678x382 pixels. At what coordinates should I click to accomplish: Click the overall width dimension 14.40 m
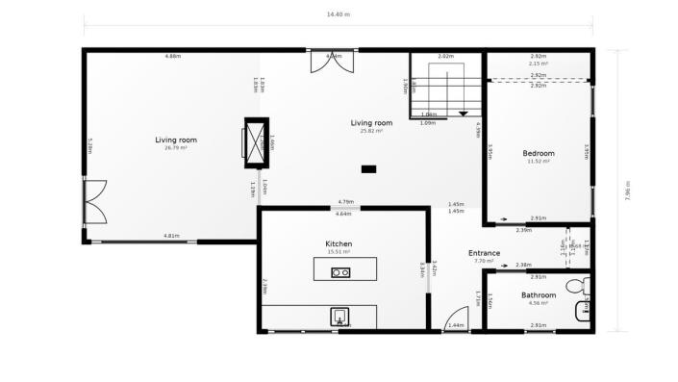click(339, 14)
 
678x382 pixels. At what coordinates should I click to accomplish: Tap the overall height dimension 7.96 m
click(627, 191)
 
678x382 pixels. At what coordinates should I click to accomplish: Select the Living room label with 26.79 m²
click(175, 143)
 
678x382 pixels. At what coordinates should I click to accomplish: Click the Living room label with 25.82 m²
click(371, 126)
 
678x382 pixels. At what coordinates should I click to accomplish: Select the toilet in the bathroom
click(577, 286)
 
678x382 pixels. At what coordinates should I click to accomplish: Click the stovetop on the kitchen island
click(339, 272)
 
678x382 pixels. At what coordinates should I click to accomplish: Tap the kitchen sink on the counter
click(339, 316)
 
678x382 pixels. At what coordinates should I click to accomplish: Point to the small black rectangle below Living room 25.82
click(368, 169)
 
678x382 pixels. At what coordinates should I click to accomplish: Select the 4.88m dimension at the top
click(173, 57)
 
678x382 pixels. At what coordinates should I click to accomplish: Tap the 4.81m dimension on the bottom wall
click(172, 236)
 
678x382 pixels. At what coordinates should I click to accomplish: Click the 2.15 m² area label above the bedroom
click(539, 64)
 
